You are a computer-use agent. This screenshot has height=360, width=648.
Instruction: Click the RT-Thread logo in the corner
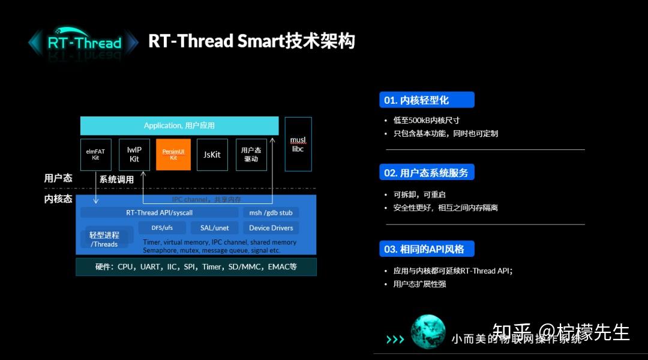(83, 43)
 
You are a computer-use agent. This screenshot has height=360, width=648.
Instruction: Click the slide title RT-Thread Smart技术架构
(251, 41)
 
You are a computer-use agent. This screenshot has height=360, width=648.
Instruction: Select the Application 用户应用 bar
(179, 125)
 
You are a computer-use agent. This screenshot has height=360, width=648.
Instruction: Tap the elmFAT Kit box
(95, 155)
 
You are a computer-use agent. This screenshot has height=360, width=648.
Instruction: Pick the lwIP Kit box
(134, 155)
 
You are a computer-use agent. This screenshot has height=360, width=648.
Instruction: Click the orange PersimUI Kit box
(173, 155)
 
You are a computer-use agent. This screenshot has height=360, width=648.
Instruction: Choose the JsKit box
(212, 155)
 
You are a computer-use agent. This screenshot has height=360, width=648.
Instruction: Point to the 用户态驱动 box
(251, 155)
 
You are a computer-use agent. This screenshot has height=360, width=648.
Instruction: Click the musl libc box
(298, 144)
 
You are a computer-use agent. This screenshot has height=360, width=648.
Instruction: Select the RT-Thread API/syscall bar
(159, 212)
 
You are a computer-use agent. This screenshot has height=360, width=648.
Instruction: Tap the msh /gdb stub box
(271, 212)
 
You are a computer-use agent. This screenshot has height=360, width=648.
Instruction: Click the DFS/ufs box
(162, 228)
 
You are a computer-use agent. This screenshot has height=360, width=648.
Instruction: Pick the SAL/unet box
(215, 228)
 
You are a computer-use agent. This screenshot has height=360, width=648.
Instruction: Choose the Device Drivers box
(271, 228)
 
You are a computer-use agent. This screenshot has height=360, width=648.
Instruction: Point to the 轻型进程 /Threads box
(104, 239)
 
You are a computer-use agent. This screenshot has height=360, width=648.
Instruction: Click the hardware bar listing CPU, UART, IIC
(196, 266)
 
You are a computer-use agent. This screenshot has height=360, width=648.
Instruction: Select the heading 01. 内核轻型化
(427, 100)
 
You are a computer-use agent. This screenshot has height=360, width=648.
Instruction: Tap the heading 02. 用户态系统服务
(427, 173)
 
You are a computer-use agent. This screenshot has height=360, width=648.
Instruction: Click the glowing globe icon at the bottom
(427, 332)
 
